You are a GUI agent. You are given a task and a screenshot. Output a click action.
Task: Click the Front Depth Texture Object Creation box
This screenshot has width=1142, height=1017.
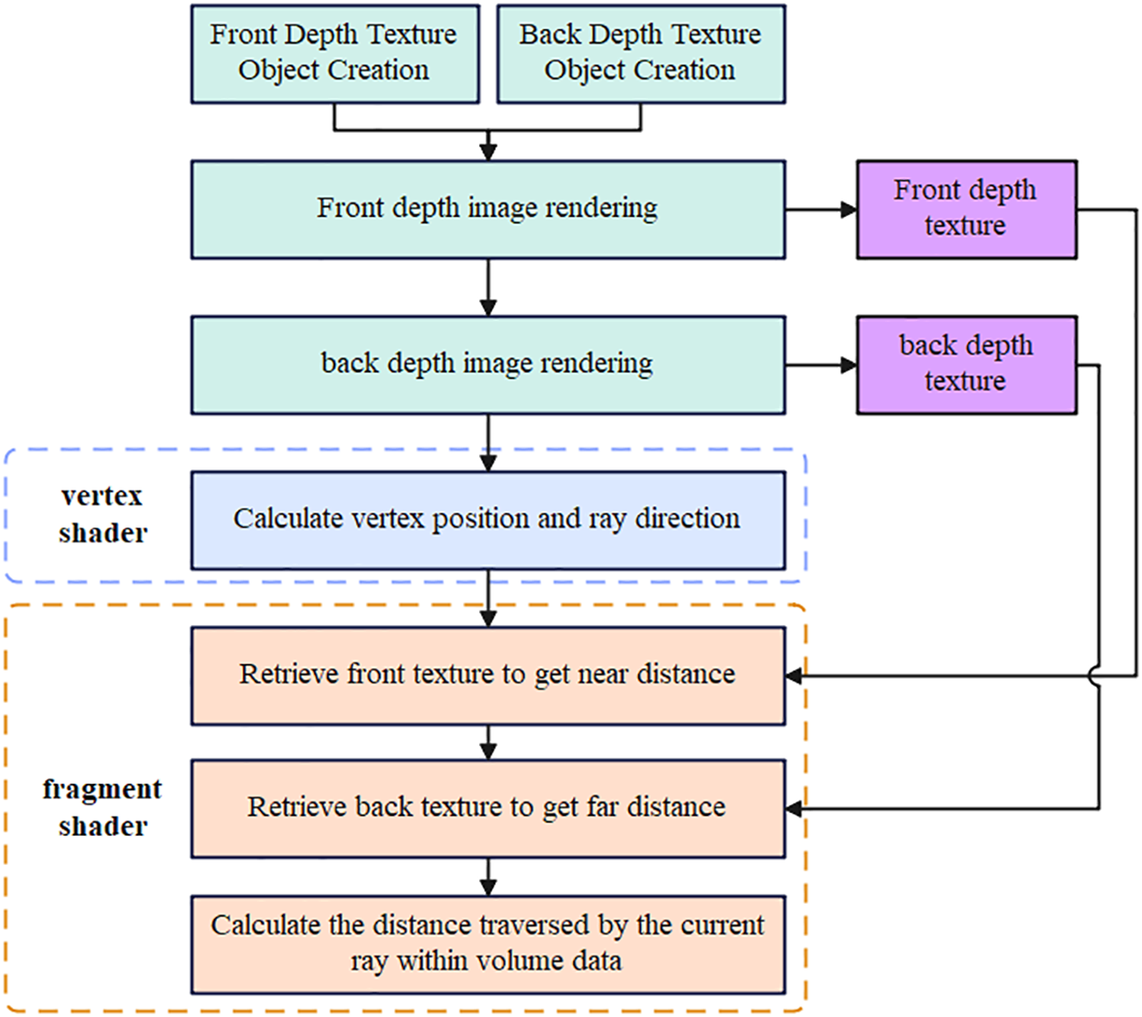click(335, 54)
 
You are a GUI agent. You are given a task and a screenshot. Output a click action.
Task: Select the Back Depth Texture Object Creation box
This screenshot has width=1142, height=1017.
click(641, 54)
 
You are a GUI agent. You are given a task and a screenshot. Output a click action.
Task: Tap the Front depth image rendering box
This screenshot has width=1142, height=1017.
click(488, 209)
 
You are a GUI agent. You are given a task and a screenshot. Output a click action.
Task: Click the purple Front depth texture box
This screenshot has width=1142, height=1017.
click(966, 209)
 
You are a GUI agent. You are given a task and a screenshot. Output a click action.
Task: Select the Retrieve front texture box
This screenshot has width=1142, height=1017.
click(488, 675)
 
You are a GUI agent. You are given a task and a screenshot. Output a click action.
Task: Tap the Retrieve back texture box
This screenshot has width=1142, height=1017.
click(488, 808)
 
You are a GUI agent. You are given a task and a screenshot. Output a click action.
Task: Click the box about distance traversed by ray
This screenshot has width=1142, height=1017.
click(488, 944)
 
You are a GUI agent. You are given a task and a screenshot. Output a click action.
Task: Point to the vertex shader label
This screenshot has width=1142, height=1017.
click(102, 515)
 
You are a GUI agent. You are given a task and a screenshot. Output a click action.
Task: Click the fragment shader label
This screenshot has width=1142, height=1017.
click(102, 808)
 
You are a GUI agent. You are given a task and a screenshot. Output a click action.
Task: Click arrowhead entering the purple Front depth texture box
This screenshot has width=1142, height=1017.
click(848, 209)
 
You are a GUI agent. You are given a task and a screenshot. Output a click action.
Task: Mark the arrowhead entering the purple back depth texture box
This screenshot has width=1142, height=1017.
click(848, 365)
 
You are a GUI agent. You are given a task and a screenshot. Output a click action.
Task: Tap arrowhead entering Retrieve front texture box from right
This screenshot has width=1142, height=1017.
click(794, 676)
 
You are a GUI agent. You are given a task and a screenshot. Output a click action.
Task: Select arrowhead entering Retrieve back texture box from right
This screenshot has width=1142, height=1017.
click(794, 809)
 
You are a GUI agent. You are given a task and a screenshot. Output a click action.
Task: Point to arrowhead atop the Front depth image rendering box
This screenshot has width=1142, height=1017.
click(489, 152)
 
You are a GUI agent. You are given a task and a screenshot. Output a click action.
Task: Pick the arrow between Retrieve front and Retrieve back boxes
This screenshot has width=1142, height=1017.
click(489, 743)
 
